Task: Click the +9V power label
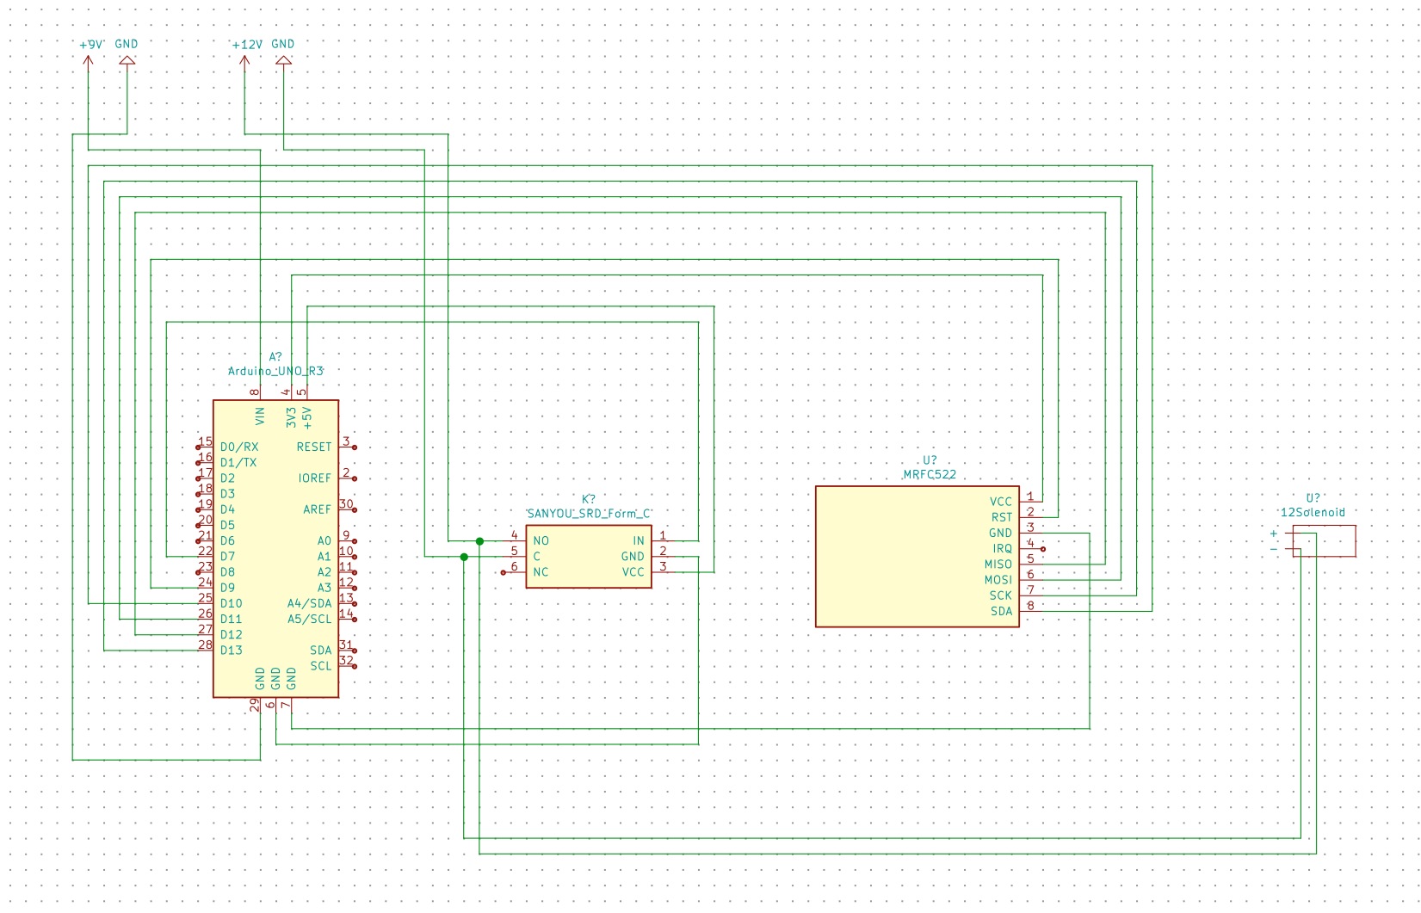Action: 91,44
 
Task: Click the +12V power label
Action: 247,44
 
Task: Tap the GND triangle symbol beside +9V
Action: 127,60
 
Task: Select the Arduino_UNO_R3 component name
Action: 275,371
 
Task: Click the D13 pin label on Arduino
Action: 231,650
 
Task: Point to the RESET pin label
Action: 313,447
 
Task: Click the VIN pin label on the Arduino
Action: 260,416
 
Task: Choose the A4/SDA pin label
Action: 309,603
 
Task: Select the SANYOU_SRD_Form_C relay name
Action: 589,513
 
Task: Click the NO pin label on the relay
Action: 541,540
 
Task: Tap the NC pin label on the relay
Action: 541,571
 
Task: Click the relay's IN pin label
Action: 639,540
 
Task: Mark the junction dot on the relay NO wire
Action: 479,541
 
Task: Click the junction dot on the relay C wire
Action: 464,557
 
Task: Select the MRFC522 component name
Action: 930,474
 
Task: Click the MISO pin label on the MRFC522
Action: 998,564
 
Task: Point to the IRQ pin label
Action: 1002,548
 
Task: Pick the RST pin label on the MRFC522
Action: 1001,517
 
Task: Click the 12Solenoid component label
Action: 1313,512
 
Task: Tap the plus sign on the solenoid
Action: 1274,534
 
